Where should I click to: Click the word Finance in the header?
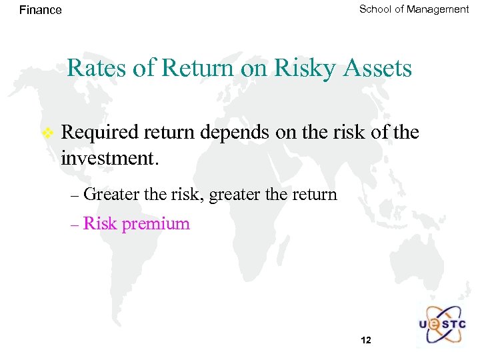(40, 10)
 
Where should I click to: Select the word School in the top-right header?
(375, 9)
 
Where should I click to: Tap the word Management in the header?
(438, 9)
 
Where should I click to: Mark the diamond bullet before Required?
(47, 133)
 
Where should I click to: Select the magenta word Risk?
(100, 223)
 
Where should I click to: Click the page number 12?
(365, 340)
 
